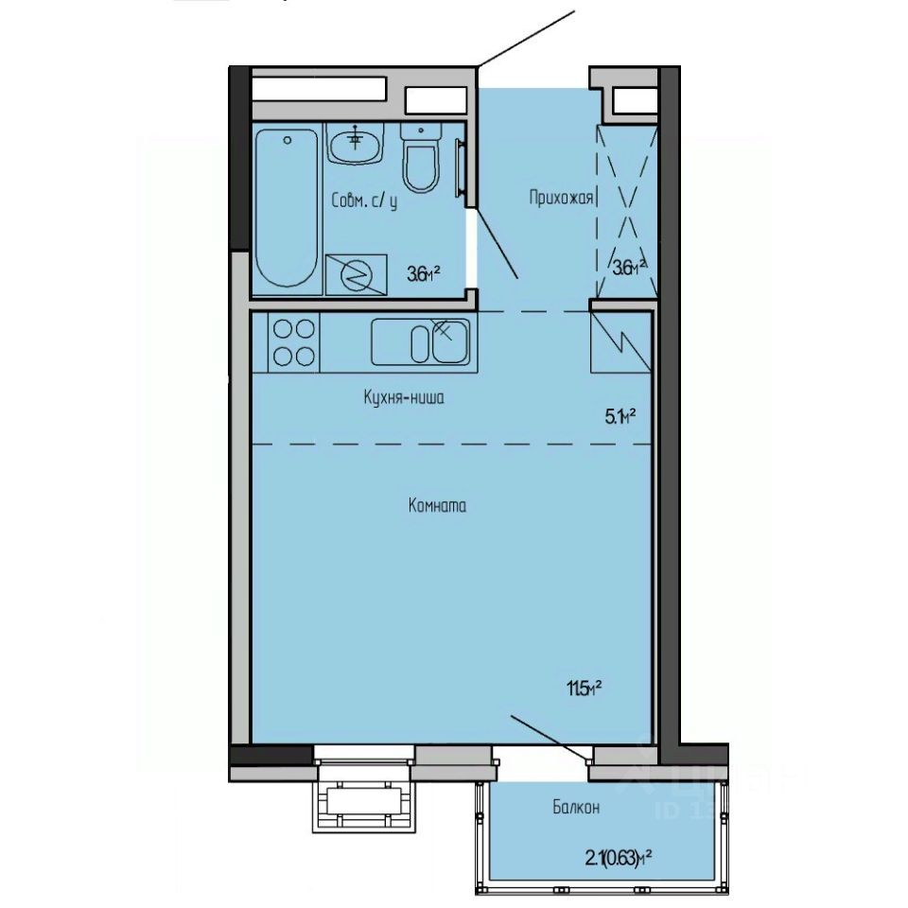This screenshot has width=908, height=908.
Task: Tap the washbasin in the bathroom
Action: [357, 145]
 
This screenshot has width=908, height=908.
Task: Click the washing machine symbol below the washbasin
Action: [356, 274]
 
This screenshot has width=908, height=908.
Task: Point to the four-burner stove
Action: [293, 341]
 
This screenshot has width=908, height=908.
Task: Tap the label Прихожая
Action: [561, 198]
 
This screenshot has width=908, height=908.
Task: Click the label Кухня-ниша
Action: [403, 398]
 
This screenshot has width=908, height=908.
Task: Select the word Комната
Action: [437, 505]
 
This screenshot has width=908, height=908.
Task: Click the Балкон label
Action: [576, 808]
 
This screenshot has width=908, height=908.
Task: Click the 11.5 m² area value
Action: [584, 689]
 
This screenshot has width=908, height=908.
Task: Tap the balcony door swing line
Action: [550, 735]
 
